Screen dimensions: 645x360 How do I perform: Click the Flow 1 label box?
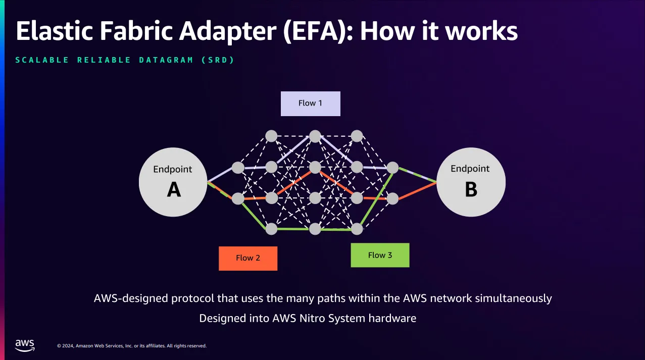click(x=311, y=104)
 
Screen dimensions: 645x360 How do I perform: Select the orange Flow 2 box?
click(x=248, y=258)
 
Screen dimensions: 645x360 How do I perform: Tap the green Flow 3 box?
click(x=380, y=255)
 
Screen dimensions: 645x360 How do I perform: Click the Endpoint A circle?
click(x=173, y=182)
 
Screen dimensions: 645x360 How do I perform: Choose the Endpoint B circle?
click(x=471, y=182)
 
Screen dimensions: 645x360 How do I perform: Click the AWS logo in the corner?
click(x=25, y=345)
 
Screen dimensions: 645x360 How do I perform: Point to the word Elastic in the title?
click(x=55, y=31)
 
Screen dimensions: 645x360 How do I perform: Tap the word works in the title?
click(x=481, y=31)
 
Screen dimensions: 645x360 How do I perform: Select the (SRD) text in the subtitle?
click(x=218, y=60)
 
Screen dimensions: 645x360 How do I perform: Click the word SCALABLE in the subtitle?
click(x=42, y=60)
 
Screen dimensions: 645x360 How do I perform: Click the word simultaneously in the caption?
click(x=513, y=298)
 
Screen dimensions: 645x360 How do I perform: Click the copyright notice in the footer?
click(x=132, y=346)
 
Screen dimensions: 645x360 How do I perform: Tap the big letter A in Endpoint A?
click(x=174, y=190)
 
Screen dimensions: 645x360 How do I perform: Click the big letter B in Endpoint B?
click(x=471, y=189)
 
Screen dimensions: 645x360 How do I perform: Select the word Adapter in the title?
click(x=228, y=32)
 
